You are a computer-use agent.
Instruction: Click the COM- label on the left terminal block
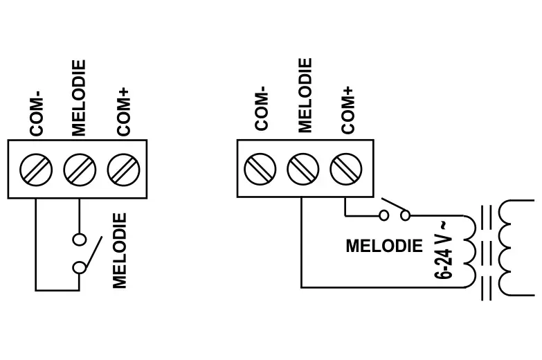pyautogui.click(x=36, y=116)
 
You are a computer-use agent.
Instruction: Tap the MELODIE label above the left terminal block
pyautogui.click(x=79, y=98)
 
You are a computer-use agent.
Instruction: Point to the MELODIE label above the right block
pyautogui.click(x=305, y=96)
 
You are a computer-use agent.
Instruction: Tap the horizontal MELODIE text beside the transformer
pyautogui.click(x=383, y=246)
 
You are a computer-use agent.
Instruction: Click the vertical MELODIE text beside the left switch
pyautogui.click(x=120, y=251)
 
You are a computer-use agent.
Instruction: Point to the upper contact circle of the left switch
pyautogui.click(x=80, y=240)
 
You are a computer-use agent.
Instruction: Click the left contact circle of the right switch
pyautogui.click(x=383, y=216)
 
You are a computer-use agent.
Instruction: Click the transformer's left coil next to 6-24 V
pyautogui.click(x=471, y=248)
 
